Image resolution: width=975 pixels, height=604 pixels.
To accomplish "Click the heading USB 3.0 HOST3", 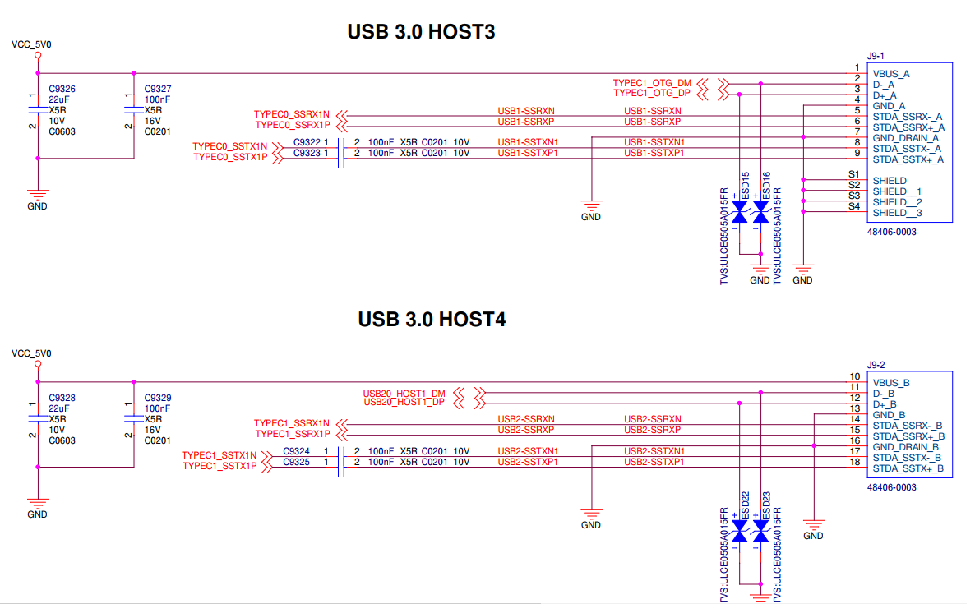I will click(x=421, y=32).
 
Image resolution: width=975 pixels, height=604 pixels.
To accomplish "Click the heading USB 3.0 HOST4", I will click(x=432, y=319).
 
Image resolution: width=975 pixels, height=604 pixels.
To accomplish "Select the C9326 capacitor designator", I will click(x=62, y=89).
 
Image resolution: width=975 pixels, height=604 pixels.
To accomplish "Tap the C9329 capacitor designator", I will click(x=158, y=398).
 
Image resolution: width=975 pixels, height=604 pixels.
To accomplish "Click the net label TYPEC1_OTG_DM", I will click(x=652, y=84).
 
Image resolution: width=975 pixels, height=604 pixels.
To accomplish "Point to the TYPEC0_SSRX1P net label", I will click(x=292, y=125).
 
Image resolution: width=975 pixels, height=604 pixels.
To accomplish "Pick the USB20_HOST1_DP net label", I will click(x=404, y=403).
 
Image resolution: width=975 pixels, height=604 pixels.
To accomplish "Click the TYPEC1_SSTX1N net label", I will click(x=219, y=455).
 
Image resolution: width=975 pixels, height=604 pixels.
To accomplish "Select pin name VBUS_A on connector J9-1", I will click(x=891, y=74).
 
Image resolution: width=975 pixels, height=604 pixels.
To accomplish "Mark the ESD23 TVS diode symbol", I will click(x=760, y=534).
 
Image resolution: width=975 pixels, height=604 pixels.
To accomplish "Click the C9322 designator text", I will click(x=307, y=142).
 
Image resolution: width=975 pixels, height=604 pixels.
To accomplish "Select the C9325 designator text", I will click(x=297, y=462).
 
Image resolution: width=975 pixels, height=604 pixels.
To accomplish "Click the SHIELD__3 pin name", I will click(x=898, y=213).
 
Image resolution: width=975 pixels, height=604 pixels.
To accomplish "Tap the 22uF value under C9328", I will click(x=58, y=408).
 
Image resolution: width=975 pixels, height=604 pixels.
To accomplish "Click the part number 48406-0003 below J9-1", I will click(x=892, y=232).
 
